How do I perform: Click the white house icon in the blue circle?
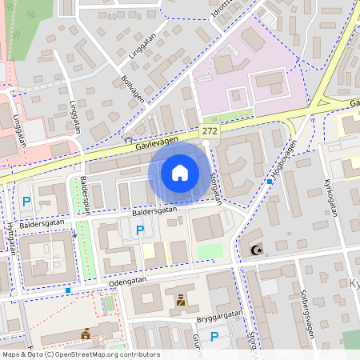[180, 173]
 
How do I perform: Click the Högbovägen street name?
[283, 158]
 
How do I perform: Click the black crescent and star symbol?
[258, 251]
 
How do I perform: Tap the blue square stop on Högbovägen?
[270, 182]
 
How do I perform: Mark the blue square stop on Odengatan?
[68, 290]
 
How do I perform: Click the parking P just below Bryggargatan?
[214, 337]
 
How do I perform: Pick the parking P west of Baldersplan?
[26, 202]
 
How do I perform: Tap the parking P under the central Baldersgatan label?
[140, 230]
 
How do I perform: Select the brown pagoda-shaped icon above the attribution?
[85, 334]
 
